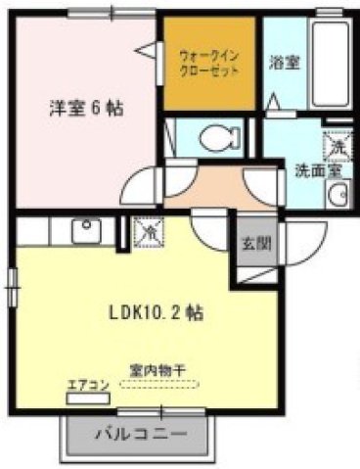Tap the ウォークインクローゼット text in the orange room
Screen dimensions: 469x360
point(210,64)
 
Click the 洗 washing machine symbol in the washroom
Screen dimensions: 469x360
point(335,146)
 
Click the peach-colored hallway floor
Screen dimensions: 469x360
point(205,186)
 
